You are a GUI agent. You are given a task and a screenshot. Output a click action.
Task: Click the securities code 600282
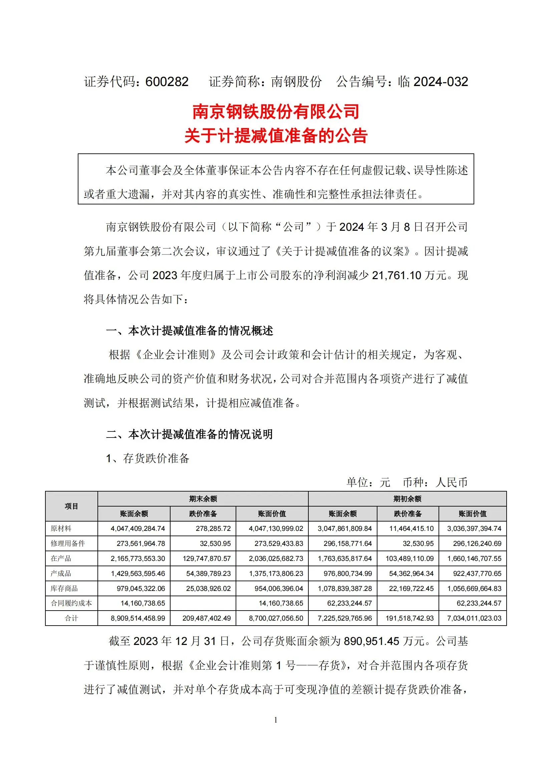[x=167, y=82]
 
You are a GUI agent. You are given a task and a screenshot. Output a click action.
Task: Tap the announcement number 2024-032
[x=441, y=82]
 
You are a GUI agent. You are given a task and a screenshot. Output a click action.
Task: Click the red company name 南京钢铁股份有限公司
[x=276, y=112]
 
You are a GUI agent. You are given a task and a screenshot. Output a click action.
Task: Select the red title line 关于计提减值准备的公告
[x=276, y=136]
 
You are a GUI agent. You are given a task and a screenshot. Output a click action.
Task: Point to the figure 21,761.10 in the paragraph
[x=396, y=275]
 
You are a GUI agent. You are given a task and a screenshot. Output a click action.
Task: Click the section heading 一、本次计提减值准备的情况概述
[x=190, y=330]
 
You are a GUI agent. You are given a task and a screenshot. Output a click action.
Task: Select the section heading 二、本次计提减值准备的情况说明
[x=190, y=434]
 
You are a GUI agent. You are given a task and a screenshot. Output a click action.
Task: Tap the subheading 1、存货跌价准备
[x=148, y=458]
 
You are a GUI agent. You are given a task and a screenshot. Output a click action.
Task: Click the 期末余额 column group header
[x=203, y=499]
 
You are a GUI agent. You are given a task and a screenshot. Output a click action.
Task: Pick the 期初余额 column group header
[x=407, y=499]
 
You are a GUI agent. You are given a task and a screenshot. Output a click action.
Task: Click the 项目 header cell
[x=71, y=506]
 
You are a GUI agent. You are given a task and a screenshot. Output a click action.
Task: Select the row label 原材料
[x=61, y=529]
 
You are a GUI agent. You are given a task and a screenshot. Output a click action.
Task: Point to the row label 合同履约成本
[x=71, y=603]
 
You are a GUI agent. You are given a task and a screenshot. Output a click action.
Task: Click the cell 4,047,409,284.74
[x=137, y=529]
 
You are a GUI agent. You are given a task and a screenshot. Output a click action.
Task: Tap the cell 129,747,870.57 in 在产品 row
[x=207, y=559]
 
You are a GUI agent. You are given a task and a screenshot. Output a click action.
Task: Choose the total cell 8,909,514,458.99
[x=137, y=618]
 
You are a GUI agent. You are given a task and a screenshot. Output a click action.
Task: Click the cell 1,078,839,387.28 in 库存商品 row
[x=345, y=588]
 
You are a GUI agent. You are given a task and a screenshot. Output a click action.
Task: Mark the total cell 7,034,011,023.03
[x=474, y=618]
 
